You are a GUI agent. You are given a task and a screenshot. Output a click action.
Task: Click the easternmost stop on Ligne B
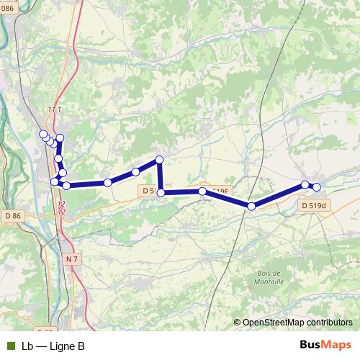(x=316, y=187)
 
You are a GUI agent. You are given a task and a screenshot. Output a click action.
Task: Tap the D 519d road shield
(x=314, y=205)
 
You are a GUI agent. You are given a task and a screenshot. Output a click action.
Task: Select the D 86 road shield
(x=12, y=215)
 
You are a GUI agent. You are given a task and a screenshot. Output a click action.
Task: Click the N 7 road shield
(x=71, y=258)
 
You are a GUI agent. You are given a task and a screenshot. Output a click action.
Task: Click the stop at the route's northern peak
(x=160, y=159)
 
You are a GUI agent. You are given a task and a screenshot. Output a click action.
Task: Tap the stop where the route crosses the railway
(x=251, y=207)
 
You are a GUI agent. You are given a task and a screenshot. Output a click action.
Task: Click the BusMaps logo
(x=326, y=346)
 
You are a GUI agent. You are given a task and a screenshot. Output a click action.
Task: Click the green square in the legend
(x=10, y=346)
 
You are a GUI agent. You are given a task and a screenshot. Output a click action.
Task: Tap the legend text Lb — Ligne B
(x=53, y=346)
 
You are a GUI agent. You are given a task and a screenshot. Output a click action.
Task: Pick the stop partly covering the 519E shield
(x=204, y=192)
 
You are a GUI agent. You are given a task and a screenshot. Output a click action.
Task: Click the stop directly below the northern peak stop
(x=161, y=192)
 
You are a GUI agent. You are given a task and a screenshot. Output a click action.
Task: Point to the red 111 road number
(x=55, y=109)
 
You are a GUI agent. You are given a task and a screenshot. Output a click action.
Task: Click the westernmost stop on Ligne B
(x=43, y=134)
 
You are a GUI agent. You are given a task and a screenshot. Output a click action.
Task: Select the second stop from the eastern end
(x=305, y=185)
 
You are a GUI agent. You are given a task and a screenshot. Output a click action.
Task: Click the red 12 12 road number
(x=61, y=209)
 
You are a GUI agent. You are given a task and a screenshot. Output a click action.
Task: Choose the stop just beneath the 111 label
(x=60, y=138)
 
